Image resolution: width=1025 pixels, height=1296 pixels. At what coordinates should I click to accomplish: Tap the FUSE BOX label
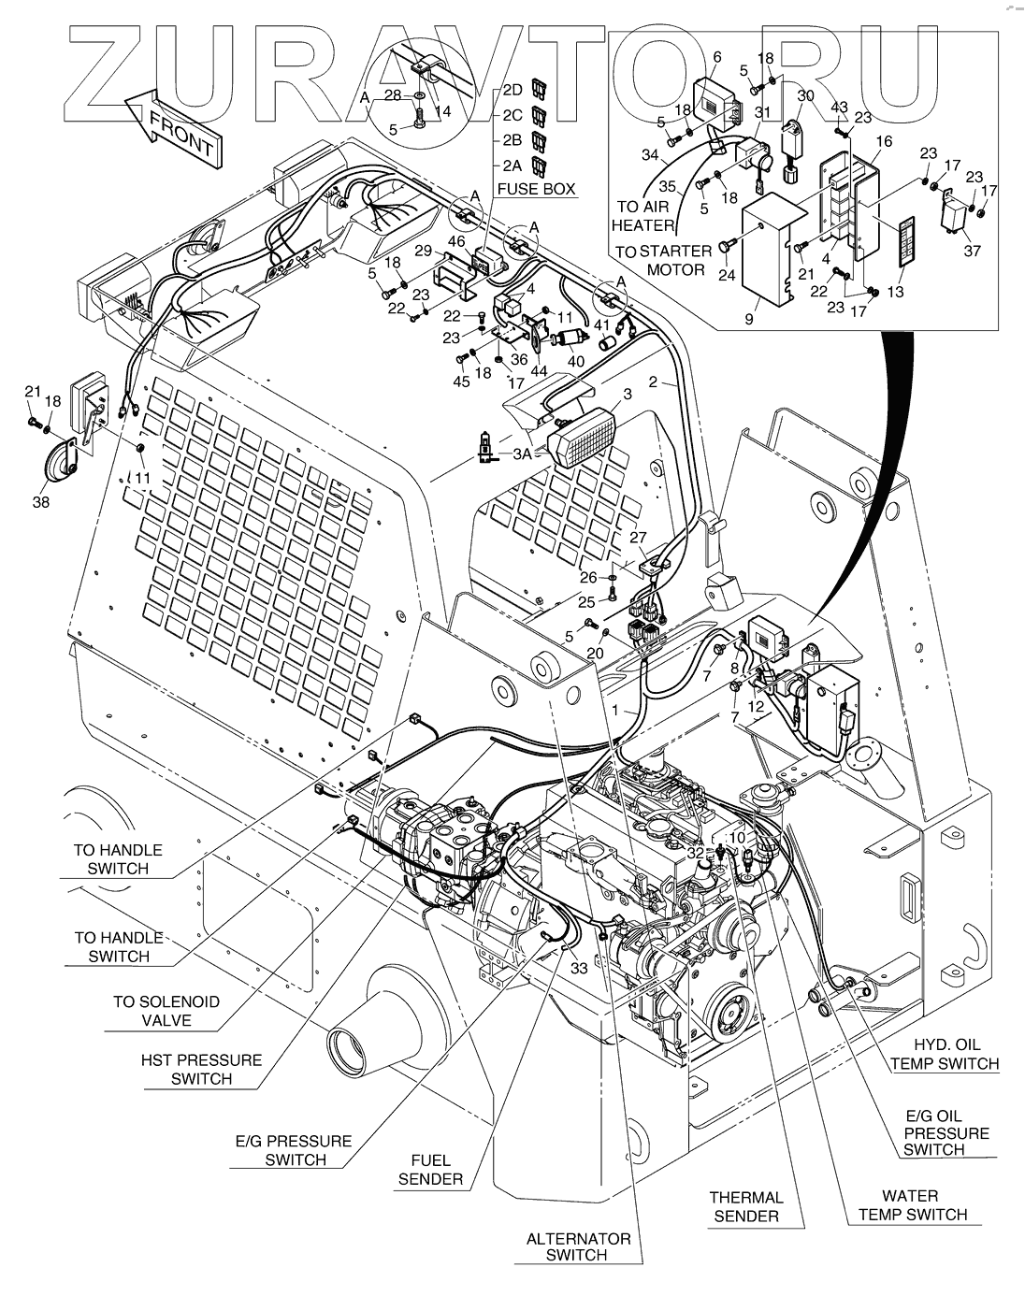[x=536, y=189]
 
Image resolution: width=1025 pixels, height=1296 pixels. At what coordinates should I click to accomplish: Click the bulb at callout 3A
[x=484, y=447]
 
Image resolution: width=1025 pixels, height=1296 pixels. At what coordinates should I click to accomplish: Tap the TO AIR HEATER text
[x=642, y=216]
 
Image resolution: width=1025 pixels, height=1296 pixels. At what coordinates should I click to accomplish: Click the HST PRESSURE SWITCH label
[x=202, y=1069]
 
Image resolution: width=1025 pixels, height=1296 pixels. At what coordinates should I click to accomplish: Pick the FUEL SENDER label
[x=430, y=1170]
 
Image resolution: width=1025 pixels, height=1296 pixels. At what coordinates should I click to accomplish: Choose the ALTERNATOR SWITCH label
[x=578, y=1246]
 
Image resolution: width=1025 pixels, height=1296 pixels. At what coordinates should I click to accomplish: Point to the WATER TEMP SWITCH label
[x=913, y=1205]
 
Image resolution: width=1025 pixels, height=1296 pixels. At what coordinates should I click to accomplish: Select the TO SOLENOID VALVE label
[x=166, y=1011]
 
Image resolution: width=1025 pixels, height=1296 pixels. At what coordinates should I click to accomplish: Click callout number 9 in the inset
[x=748, y=319]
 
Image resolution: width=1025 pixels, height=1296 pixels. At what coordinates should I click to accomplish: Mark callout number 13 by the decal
[x=896, y=292]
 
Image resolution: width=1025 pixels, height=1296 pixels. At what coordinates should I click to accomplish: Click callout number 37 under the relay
[x=973, y=251]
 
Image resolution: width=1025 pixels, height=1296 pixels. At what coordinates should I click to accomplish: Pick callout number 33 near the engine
[x=579, y=967]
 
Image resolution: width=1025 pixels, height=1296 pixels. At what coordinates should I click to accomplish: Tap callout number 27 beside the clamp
[x=638, y=537]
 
